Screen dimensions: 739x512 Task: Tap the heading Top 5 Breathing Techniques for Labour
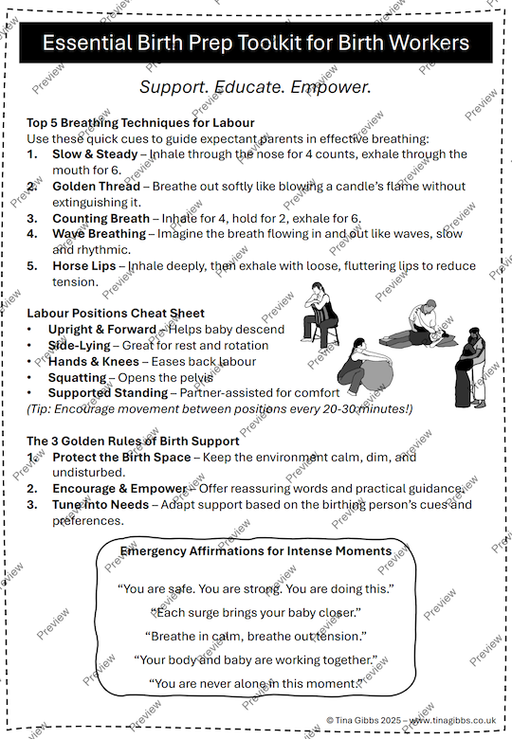pos(140,123)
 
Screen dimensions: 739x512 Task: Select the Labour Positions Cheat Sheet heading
pos(116,313)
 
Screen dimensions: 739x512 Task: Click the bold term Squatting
pos(77,377)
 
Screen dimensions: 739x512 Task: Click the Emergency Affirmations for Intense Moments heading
pos(256,551)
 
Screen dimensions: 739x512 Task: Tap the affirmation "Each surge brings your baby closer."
pos(256,612)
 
